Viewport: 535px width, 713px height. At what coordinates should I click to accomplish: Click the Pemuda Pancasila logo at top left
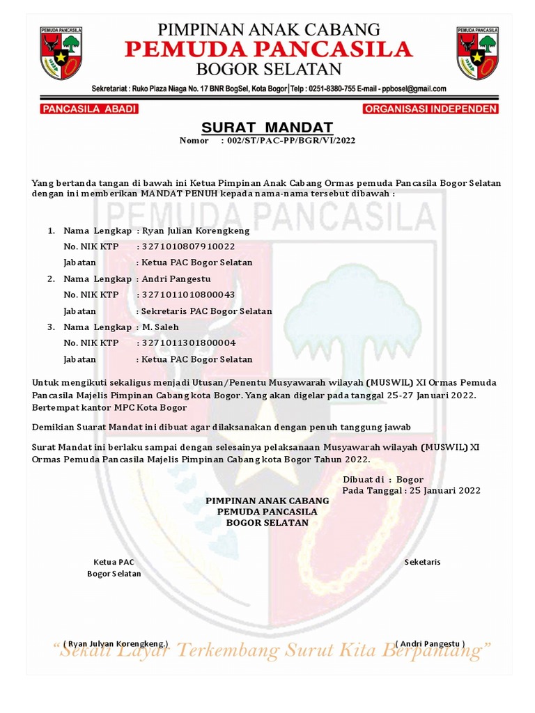pyautogui.click(x=61, y=52)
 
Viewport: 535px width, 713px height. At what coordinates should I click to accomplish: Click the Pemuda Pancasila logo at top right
pyautogui.click(x=477, y=52)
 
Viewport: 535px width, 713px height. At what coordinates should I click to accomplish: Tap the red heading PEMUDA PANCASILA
pyautogui.click(x=267, y=49)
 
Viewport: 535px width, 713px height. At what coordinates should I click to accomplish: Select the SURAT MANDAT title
pyautogui.click(x=267, y=127)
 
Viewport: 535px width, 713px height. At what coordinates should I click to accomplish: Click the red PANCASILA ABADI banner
pyautogui.click(x=90, y=109)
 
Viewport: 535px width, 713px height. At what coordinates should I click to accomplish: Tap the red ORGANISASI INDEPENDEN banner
pyautogui.click(x=431, y=109)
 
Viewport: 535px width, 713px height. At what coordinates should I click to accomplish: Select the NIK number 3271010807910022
pyautogui.click(x=188, y=246)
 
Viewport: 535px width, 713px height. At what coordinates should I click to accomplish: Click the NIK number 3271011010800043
pyautogui.click(x=188, y=295)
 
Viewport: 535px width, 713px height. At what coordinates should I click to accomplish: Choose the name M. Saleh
pyautogui.click(x=160, y=327)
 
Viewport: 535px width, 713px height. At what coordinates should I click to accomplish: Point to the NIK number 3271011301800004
pyautogui.click(x=189, y=343)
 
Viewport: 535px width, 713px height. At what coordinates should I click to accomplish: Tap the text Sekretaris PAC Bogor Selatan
pyautogui.click(x=206, y=311)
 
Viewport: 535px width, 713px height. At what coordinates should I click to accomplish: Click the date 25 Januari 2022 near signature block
pyautogui.click(x=445, y=491)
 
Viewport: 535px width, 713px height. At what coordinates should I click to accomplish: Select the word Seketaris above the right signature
pyautogui.click(x=422, y=562)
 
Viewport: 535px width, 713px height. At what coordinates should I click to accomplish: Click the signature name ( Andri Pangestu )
pyautogui.click(x=430, y=643)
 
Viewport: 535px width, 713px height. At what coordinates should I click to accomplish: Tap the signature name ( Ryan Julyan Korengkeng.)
pyautogui.click(x=116, y=643)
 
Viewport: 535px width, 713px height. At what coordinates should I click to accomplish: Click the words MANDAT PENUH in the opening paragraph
pyautogui.click(x=178, y=194)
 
